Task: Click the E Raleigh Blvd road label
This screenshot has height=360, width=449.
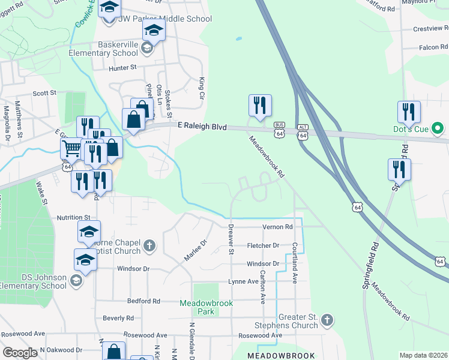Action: pyautogui.click(x=202, y=126)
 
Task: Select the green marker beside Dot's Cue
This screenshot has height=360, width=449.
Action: pyautogui.click(x=438, y=128)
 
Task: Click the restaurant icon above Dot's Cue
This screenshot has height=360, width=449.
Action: pyautogui.click(x=409, y=112)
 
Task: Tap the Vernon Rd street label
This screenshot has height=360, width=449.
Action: pyautogui.click(x=277, y=227)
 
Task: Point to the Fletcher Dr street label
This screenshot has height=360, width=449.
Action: pyautogui.click(x=264, y=245)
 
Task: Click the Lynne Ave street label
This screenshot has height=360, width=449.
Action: pyautogui.click(x=243, y=281)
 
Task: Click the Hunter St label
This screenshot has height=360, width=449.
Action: pyautogui.click(x=123, y=68)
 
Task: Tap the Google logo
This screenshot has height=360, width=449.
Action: pyautogui.click(x=20, y=353)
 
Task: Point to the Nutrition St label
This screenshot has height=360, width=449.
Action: pyautogui.click(x=73, y=217)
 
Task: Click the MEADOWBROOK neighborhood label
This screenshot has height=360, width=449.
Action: pyautogui.click(x=281, y=356)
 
